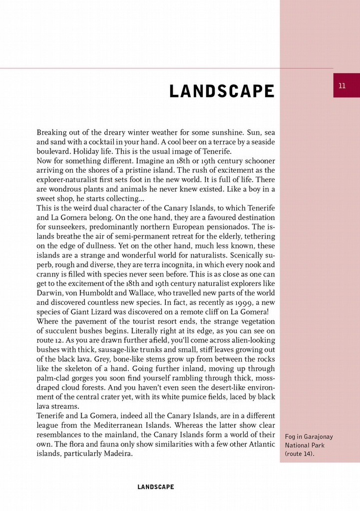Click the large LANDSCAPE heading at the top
coord(222,92)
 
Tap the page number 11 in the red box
coord(342,85)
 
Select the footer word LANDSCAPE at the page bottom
coord(156,487)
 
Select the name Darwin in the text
coord(49,293)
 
